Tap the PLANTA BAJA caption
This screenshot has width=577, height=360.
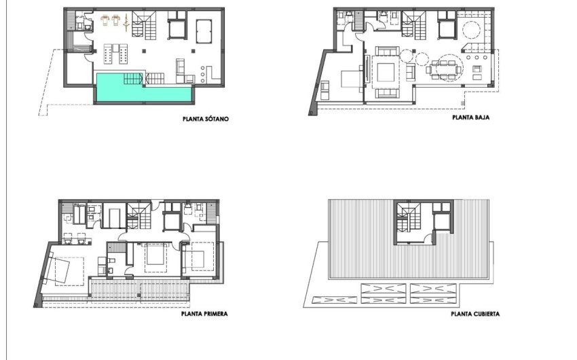pyautogui.click(x=471, y=117)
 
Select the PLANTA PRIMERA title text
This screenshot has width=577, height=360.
pyautogui.click(x=204, y=314)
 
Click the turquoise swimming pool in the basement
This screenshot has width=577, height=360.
pyautogui.click(x=143, y=88)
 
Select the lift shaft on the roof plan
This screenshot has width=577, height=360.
pyautogui.click(x=442, y=221)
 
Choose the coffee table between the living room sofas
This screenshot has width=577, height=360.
pyautogui.click(x=386, y=71)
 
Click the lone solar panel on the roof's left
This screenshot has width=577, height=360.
pyautogui.click(x=333, y=298)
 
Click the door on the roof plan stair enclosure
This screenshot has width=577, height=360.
pyautogui.click(x=430, y=236)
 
